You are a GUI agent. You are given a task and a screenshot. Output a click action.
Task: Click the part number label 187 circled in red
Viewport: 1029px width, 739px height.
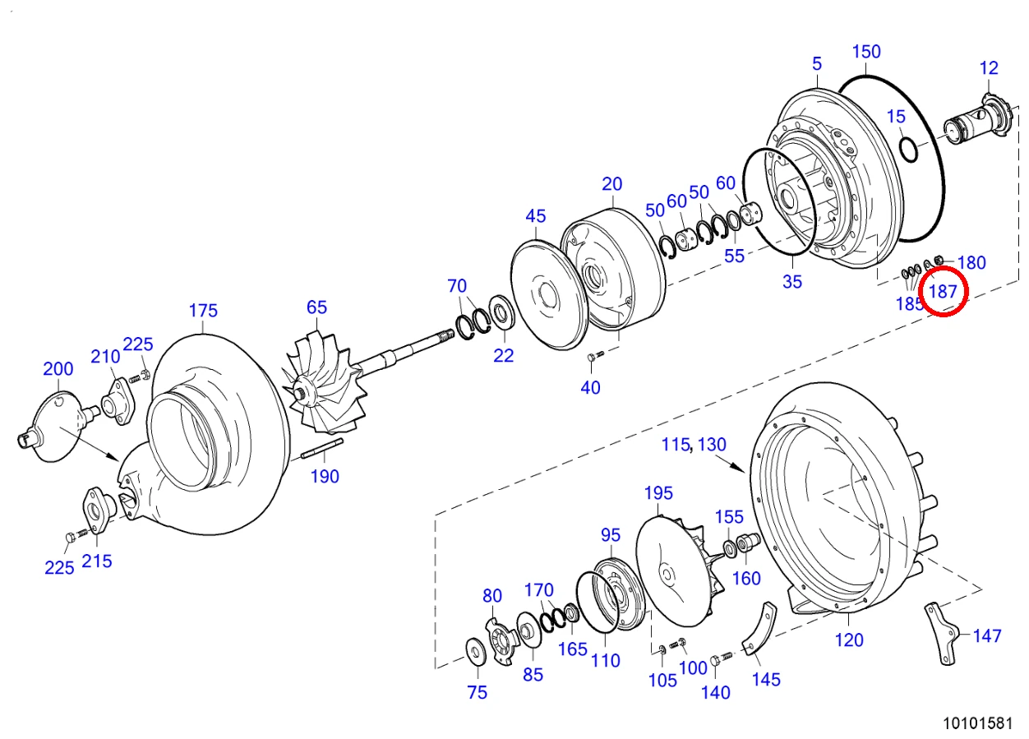coord(943,291)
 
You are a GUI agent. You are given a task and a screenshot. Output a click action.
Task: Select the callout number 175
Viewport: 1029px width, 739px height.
coord(203,311)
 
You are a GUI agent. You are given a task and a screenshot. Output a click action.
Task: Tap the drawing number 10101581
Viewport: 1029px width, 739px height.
coord(978,723)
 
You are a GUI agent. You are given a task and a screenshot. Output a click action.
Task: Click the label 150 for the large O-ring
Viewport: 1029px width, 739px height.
coord(866,52)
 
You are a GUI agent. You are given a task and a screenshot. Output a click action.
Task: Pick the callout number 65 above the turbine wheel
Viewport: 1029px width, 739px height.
coord(316,307)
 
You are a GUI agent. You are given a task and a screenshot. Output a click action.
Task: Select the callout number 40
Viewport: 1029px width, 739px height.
coord(590,388)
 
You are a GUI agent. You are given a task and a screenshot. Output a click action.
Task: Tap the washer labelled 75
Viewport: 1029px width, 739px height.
coord(477,651)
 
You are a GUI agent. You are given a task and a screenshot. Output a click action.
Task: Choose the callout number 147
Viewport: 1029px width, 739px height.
coord(987,636)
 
